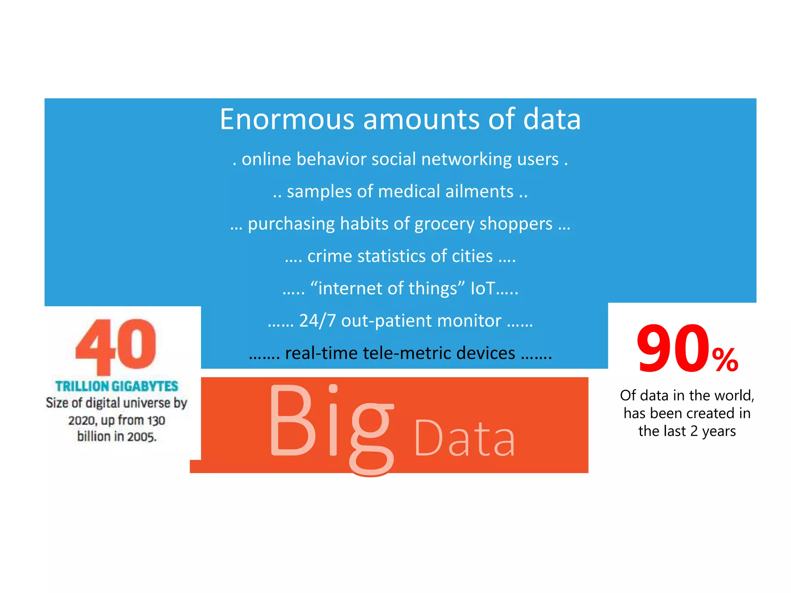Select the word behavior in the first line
[331, 159]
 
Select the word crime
[329, 256]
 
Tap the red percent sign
[725, 360]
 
